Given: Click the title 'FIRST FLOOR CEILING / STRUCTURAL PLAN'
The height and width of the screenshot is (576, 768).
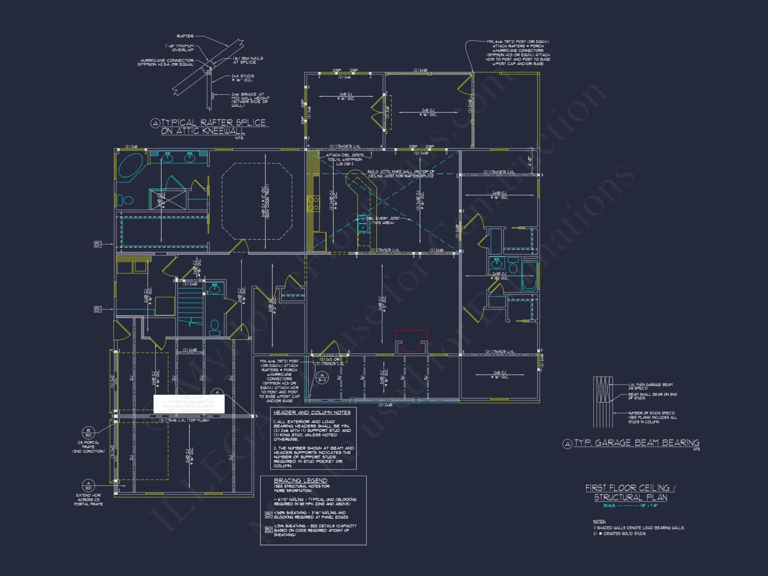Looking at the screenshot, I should pyautogui.click(x=630, y=492).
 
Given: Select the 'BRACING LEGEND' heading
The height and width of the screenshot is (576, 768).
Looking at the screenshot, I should pyautogui.click(x=300, y=480).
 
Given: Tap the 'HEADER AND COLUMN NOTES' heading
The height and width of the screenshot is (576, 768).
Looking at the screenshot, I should pyautogui.click(x=312, y=412).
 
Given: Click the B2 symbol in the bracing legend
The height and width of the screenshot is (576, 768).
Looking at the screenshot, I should pyautogui.click(x=268, y=530).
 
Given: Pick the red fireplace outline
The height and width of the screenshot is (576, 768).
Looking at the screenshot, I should pyautogui.click(x=411, y=341).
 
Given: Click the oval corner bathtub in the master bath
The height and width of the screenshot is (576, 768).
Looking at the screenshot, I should pyautogui.click(x=131, y=165).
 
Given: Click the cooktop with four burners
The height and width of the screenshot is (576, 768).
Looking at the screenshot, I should pyautogui.click(x=313, y=204).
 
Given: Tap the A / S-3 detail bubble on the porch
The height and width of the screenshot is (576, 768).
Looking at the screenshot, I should pyautogui.click(x=322, y=377).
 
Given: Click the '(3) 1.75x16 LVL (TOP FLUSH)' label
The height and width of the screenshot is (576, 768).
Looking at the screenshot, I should pyautogui.click(x=184, y=420).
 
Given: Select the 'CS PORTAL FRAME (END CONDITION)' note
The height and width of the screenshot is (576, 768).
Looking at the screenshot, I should pyautogui.click(x=88, y=447).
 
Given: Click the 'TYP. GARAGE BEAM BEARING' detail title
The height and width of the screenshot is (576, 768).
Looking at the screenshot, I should pyautogui.click(x=637, y=443).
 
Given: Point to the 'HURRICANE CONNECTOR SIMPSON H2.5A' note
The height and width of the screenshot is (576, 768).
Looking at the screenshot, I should pyautogui.click(x=166, y=62).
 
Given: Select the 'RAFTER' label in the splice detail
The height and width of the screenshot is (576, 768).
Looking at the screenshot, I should pyautogui.click(x=185, y=36).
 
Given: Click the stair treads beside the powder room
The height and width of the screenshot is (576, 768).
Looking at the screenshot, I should pyautogui.click(x=190, y=303).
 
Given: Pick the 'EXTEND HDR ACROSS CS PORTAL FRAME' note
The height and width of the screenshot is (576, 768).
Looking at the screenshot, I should pyautogui.click(x=88, y=500).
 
